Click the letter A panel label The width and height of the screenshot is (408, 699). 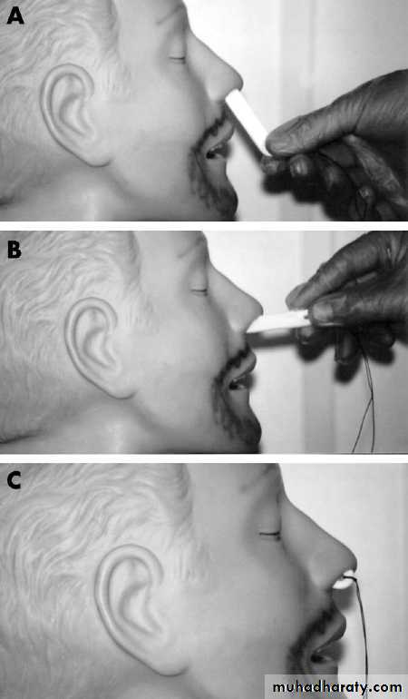click(15, 16)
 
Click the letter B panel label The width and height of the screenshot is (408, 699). click(15, 251)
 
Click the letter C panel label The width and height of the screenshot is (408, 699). click(15, 480)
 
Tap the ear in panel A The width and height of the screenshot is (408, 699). click(72, 113)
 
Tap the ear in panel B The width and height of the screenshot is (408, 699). click(96, 347)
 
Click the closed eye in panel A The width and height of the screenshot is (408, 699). click(177, 59)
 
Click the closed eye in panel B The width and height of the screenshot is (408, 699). click(199, 291)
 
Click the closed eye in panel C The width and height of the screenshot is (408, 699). click(269, 534)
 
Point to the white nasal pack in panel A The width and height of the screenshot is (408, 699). click(248, 121)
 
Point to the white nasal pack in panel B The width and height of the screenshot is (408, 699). click(278, 322)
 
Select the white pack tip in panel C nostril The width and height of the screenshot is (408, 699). click(344, 582)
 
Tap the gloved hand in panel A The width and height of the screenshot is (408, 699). click(338, 147)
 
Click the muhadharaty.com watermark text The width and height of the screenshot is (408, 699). click(337, 687)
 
